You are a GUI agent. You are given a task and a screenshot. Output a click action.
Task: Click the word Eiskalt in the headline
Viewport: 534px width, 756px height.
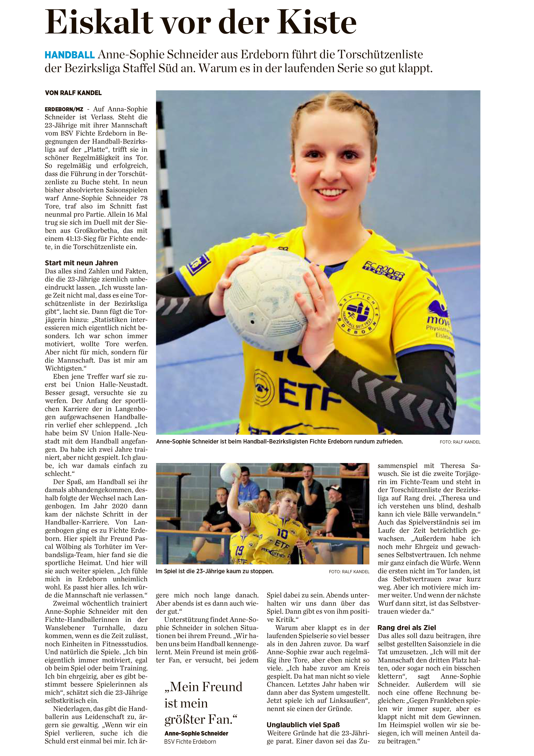tap(99, 22)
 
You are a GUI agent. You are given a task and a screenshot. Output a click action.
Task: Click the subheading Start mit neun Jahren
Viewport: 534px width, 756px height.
tap(81, 263)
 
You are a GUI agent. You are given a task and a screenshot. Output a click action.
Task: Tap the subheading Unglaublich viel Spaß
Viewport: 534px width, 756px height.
tap(303, 725)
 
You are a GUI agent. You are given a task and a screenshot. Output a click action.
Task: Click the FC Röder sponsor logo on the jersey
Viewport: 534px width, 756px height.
tap(383, 270)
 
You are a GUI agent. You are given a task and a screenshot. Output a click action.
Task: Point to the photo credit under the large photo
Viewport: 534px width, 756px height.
tap(460, 442)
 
